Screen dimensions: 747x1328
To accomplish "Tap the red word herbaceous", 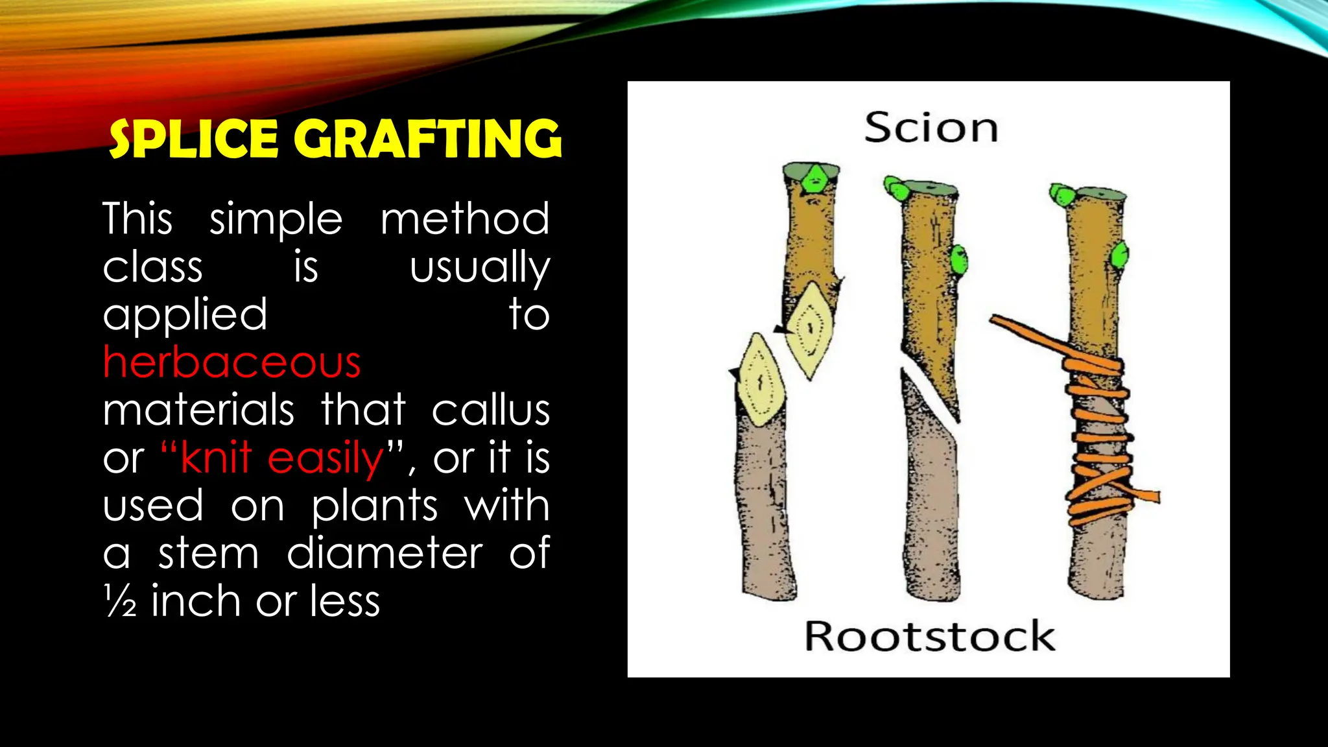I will (x=231, y=362).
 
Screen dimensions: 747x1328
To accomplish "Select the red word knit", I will (x=216, y=458).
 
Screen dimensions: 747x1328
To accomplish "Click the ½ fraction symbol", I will (x=120, y=601).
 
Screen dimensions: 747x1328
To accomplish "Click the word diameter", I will (x=385, y=554).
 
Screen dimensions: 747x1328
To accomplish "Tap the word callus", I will (x=491, y=410).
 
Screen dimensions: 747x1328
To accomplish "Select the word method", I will (x=465, y=219).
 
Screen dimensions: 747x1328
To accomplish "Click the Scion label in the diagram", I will (x=931, y=128).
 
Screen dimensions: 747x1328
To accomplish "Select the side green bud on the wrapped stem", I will (x=1120, y=255).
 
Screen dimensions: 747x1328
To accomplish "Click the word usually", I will (x=479, y=267).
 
